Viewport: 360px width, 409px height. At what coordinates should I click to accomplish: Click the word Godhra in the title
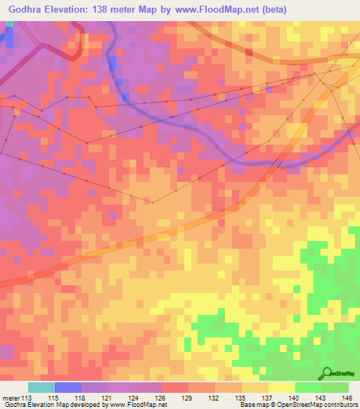pos(26,9)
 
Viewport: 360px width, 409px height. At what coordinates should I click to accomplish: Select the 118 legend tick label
pos(82,398)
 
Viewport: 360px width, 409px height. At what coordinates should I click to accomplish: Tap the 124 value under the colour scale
pos(135,398)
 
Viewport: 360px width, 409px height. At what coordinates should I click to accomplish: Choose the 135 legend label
pos(241,398)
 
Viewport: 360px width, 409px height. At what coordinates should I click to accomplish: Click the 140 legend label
pos(295,398)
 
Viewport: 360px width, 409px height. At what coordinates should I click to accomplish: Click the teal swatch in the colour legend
pos(41,387)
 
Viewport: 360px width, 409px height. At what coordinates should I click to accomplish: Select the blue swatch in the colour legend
pos(68,387)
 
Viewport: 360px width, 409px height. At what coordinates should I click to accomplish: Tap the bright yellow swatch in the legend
pos(281,387)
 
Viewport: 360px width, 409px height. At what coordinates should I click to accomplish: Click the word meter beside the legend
pos(11,398)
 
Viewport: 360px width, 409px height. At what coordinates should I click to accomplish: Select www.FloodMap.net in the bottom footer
pos(136,405)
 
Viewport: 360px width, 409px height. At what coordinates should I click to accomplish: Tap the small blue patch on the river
pos(125,96)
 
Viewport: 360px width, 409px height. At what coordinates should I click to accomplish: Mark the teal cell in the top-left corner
pos(10,23)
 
